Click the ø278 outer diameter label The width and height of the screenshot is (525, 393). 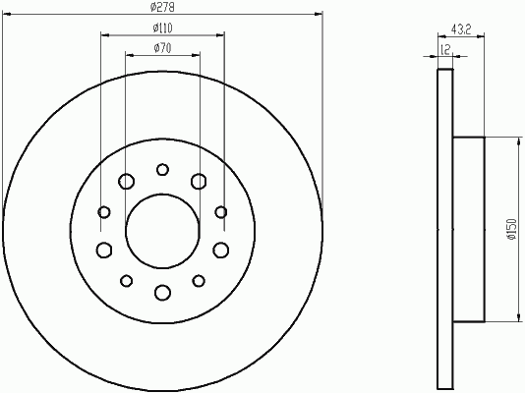point(162,7)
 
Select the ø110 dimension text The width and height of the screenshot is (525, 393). point(163,28)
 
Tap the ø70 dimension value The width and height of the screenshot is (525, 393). point(162,48)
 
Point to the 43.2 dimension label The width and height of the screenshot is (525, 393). point(461,29)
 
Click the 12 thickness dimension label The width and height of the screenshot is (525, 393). point(445,49)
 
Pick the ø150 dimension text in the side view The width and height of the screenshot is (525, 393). point(512,230)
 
